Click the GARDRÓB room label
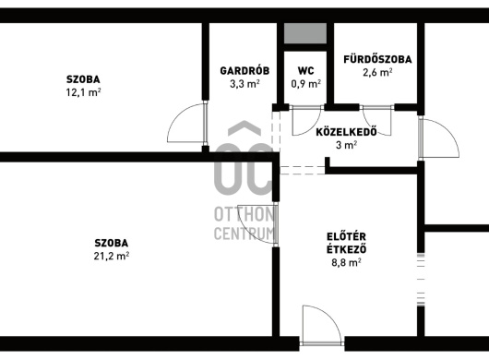tap(244, 71)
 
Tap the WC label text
tap(306, 71)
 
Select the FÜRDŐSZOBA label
tap(377, 59)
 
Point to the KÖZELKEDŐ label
tap(347, 132)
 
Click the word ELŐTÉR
tap(346, 237)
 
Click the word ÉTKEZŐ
tap(346, 249)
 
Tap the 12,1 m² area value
tap(83, 92)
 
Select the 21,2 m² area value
tap(112, 256)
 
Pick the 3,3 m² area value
tap(244, 84)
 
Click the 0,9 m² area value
tap(306, 84)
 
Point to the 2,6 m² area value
tap(377, 72)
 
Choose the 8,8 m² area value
tap(346, 262)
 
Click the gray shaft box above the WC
tap(305, 33)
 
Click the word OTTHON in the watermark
tap(244, 215)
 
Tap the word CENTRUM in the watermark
tap(244, 233)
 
